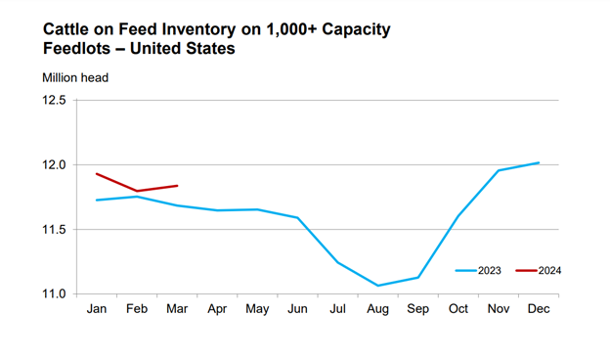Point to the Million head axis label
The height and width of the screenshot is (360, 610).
[75, 77]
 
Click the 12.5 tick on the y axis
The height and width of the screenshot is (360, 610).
[53, 101]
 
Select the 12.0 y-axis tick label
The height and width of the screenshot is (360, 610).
[53, 165]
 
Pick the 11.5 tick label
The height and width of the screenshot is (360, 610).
[53, 230]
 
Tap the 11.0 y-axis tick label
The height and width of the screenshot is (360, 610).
[53, 294]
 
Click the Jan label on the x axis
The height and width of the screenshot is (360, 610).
[96, 310]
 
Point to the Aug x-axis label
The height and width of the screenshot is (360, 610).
[377, 310]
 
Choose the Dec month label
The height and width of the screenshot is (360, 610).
[539, 310]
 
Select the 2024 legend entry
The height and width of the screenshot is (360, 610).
[545, 271]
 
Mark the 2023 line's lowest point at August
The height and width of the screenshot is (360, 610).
[377, 286]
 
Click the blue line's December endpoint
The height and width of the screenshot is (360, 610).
[539, 162]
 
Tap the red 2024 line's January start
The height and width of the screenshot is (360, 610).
[96, 173]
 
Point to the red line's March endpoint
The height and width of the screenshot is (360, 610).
[176, 185]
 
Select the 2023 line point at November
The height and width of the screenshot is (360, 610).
[499, 170]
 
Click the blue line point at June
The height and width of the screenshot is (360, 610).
[297, 217]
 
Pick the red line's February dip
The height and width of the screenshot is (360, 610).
[136, 191]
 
